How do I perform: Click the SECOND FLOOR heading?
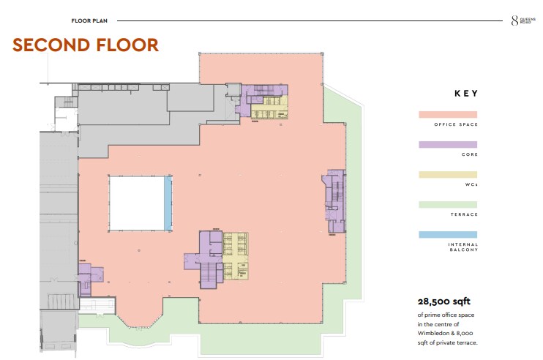coord(86,45)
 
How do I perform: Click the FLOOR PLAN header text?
coord(89,20)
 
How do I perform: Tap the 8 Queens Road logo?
coord(523,20)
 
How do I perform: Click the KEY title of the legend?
coord(466,94)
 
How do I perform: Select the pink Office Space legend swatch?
coord(448,115)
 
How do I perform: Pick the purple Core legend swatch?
coord(448,145)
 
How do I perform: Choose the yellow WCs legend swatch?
coord(448,174)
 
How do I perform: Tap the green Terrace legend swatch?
coord(448,205)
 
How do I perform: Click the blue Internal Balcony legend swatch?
coord(448,235)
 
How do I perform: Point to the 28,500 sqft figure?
coord(444,301)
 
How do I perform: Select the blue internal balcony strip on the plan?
coord(168,203)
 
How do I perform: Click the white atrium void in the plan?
coord(136,203)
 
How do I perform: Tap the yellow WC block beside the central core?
coord(236,256)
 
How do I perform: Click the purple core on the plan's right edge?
coord(334,200)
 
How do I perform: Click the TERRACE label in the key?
coord(464,214)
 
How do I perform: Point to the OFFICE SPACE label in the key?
coord(456,124)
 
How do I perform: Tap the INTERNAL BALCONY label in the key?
coord(463,247)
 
